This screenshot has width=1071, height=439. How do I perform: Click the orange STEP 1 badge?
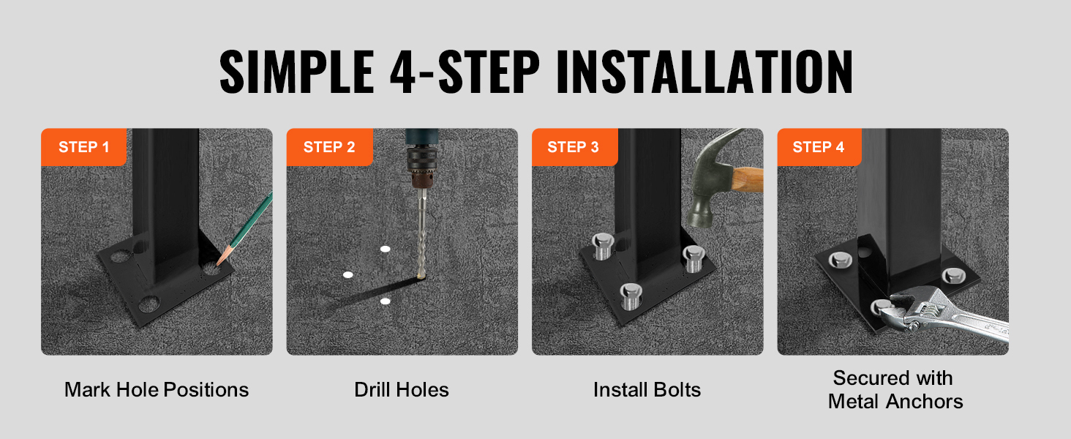tap(83, 147)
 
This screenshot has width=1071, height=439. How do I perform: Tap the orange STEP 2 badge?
tap(329, 147)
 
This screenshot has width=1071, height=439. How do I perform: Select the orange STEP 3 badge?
tap(575, 147)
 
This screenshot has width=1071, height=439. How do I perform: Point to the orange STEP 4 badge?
tap(819, 147)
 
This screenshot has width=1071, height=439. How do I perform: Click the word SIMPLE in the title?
tap(296, 72)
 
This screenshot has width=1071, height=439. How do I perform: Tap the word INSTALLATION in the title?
tap(704, 72)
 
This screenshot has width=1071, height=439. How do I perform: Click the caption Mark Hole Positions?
tap(157, 390)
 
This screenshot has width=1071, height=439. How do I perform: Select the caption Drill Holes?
tap(402, 390)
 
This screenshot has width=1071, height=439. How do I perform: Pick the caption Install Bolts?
tap(647, 390)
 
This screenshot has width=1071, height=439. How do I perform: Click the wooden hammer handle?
tap(748, 179)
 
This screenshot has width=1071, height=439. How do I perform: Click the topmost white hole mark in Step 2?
tap(386, 249)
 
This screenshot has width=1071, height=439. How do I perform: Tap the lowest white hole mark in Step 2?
tap(386, 301)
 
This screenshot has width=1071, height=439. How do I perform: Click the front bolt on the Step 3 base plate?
tap(631, 296)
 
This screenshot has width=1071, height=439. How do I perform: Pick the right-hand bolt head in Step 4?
tap(953, 275)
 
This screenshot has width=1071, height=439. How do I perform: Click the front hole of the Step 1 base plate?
tap(149, 304)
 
